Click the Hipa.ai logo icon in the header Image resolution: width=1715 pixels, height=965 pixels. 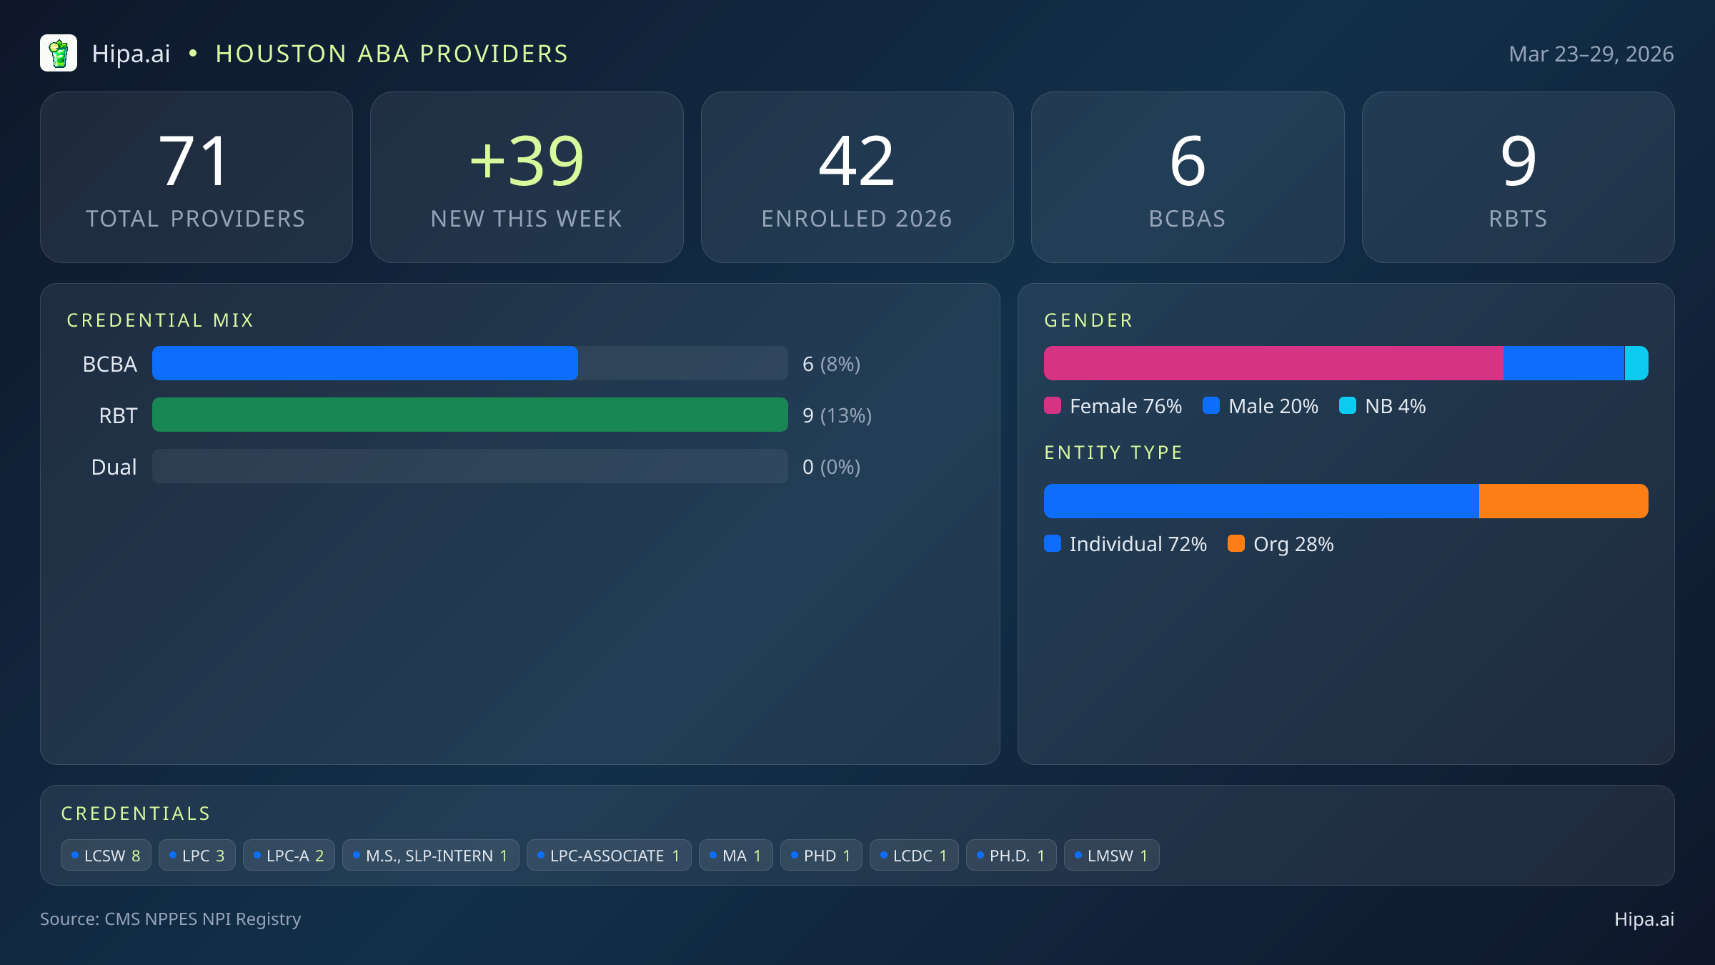(59, 54)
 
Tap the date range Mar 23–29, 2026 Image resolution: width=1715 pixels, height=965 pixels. (1591, 54)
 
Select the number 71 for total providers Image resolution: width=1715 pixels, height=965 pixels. (194, 162)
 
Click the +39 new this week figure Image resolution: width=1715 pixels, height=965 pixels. (527, 162)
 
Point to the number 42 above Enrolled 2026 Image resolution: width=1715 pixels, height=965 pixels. (856, 162)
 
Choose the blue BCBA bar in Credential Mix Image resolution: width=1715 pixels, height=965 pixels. (364, 363)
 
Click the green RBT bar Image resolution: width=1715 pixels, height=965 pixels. (469, 415)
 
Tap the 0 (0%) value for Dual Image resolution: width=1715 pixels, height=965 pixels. (831, 467)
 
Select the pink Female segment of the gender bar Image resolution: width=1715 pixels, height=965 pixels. (1273, 363)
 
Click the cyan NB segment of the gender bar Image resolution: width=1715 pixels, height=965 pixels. (1636, 363)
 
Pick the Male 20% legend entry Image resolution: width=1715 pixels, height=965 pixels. (1261, 406)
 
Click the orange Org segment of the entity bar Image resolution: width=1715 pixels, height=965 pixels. (1563, 501)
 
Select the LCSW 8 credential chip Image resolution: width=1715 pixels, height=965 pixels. (106, 855)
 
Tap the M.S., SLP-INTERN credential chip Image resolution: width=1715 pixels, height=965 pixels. (430, 855)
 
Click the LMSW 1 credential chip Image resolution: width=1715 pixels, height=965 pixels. (1111, 855)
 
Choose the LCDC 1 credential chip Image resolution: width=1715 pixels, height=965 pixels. (913, 855)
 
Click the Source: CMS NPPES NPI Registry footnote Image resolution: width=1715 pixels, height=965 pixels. (170, 919)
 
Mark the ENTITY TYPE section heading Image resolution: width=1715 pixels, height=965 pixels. (1113, 452)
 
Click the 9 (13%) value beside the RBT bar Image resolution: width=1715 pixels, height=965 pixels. (837, 415)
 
